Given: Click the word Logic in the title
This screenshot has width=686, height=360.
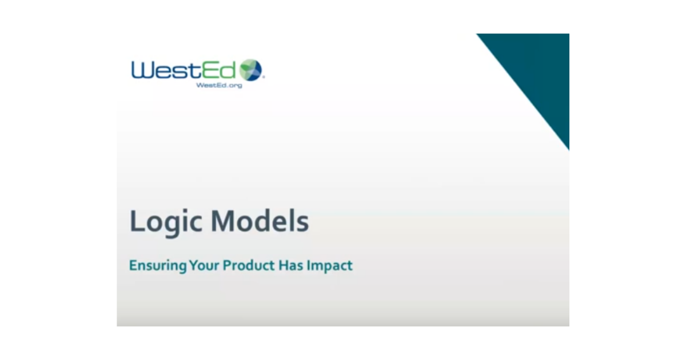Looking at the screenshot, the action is [x=166, y=222].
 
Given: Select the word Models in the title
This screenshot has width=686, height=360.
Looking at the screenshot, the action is [x=260, y=221].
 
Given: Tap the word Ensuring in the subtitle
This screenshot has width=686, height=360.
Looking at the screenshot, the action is [x=158, y=266].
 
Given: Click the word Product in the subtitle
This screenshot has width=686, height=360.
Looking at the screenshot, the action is [x=248, y=265].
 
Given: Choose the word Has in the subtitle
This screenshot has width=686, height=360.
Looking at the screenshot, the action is [x=290, y=265].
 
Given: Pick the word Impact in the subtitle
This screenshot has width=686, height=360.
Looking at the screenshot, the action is [x=329, y=266].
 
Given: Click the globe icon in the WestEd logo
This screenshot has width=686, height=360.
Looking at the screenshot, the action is [x=251, y=70].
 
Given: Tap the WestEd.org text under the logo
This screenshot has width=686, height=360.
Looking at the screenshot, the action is [x=219, y=85].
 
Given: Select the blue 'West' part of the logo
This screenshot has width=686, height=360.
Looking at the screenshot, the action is [x=165, y=70].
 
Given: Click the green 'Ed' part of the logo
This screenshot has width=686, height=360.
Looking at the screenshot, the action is [x=218, y=70].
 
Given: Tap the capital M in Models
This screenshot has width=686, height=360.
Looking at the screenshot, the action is [x=222, y=221].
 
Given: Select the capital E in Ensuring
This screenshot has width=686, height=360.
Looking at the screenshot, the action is [x=133, y=265].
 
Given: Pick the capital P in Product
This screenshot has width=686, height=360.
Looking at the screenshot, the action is [x=226, y=265].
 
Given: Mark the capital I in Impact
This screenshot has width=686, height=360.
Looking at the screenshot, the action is [x=308, y=265].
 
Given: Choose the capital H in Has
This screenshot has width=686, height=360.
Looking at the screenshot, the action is [x=283, y=265].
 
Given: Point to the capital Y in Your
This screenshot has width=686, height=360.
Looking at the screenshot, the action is [x=194, y=265].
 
